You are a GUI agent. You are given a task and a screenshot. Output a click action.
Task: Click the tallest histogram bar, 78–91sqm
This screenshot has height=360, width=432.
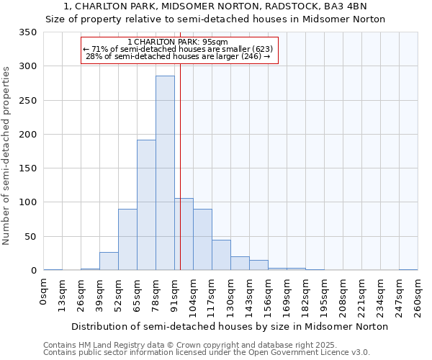[x=165, y=173]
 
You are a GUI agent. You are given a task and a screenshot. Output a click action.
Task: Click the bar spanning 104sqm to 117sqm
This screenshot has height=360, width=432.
[x=202, y=240]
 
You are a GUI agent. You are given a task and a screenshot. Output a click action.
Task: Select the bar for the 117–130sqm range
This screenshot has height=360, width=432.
[x=221, y=256]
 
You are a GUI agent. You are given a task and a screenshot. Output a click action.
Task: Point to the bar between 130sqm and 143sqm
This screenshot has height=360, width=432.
[x=240, y=264]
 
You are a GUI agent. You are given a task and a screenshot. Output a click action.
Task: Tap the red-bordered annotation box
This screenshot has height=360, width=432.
[x=179, y=50]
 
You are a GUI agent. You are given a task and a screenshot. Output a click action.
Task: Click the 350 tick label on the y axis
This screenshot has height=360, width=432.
[x=27, y=32]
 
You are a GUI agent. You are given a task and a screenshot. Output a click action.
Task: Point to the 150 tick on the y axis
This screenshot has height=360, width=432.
[x=27, y=168]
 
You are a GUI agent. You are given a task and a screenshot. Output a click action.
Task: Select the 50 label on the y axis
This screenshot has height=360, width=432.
[x=30, y=237]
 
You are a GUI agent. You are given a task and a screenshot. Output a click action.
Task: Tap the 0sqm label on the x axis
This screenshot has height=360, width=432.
[x=44, y=291]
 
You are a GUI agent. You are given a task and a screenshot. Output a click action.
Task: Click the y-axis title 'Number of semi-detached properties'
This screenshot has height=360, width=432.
[x=6, y=155]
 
